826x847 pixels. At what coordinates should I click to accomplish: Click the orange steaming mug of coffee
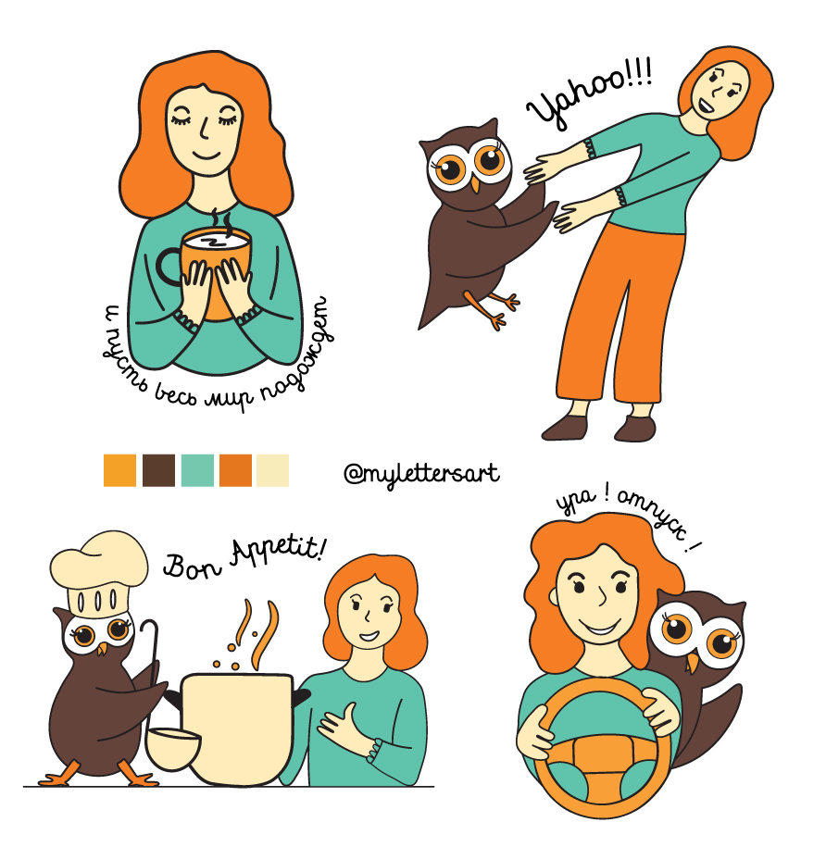coord(215,270)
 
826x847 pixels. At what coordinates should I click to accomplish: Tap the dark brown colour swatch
coord(158,470)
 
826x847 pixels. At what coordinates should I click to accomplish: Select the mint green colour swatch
coord(197,470)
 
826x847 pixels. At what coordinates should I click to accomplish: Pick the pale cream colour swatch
coord(273,470)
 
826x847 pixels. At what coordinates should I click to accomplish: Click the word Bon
coord(192,566)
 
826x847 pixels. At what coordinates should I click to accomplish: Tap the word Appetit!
coord(278,551)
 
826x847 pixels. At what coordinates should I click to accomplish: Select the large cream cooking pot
coord(238,729)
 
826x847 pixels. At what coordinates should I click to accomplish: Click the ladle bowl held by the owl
coord(173,748)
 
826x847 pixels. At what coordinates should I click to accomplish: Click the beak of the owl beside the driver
coord(692,664)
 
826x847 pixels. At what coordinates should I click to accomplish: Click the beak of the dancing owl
coord(475,184)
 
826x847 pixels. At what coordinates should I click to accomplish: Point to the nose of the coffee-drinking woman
coord(203,130)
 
